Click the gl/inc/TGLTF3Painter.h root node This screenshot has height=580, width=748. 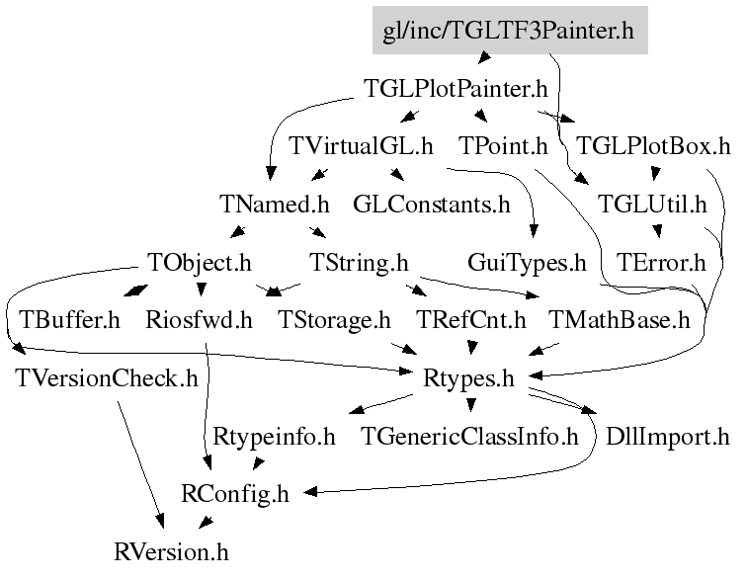tap(508, 32)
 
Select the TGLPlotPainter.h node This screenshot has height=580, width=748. tap(456, 90)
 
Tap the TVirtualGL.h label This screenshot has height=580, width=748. tap(361, 147)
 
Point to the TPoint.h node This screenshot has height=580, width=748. tap(503, 147)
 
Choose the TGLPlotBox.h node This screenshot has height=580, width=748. tap(652, 147)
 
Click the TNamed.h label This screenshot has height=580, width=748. tap(275, 205)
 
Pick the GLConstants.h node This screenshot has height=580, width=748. tap(432, 205)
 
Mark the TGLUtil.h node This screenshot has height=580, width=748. tap(652, 205)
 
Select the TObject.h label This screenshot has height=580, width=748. tap(200, 263)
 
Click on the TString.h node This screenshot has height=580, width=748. tap(359, 263)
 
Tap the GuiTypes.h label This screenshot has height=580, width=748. tap(527, 263)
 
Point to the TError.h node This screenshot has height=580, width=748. tap(661, 263)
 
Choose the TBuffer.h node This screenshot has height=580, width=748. tap(69, 320)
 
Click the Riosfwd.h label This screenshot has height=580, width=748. tap(199, 320)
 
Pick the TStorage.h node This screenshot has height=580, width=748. tap(334, 320)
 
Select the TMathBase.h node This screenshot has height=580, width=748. tap(619, 320)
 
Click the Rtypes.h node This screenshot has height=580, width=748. tap(468, 377)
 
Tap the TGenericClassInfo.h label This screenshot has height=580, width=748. tap(469, 436)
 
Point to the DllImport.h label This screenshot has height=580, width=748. tap(667, 436)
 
